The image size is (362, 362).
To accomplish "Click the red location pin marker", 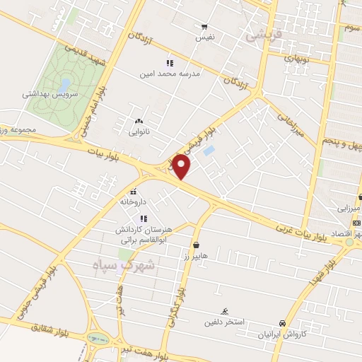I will (182, 167).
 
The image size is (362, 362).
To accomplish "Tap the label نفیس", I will (204, 36).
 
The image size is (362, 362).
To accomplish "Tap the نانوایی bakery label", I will (139, 132).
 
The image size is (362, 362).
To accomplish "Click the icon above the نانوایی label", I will (139, 121).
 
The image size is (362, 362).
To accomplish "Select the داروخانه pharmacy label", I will (134, 202).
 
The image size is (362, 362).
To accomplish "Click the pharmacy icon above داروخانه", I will (134, 192).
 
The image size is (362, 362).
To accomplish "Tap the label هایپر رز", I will (195, 256).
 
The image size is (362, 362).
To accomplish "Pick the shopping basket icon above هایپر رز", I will (195, 245).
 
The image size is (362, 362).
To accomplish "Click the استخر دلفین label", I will (225, 322).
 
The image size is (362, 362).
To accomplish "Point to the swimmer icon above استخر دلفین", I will (225, 312).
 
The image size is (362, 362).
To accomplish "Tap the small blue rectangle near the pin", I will (209, 151).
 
